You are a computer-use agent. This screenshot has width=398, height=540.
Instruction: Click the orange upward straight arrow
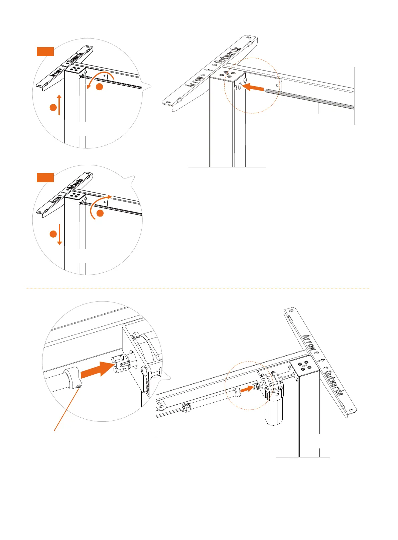coord(59,105)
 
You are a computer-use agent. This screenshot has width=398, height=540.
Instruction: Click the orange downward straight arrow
coord(59,235)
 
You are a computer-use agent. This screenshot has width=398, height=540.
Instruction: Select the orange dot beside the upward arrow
coord(53,108)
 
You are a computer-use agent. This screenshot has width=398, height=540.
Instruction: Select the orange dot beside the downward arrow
coord(53,234)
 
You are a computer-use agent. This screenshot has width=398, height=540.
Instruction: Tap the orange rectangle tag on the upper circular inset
coord(45,51)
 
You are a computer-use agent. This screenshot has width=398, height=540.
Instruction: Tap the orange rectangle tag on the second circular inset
coord(45,177)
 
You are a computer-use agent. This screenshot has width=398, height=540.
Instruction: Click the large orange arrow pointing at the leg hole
coord(252,88)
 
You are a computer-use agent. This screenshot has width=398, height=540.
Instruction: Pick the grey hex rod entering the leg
coord(309,99)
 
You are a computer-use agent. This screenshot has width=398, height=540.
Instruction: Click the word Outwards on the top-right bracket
coord(229,56)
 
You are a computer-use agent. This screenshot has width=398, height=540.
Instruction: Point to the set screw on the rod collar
coord(79,386)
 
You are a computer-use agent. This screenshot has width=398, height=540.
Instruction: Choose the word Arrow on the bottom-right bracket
coord(309,342)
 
